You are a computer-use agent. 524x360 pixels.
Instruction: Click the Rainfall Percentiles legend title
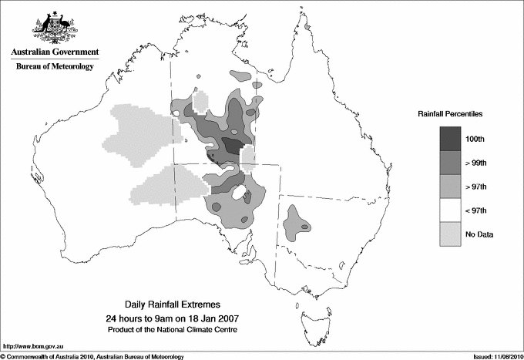(450, 113)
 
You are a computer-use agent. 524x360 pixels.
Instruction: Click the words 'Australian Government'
(55, 52)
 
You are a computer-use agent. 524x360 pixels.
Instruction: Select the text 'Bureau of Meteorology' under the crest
(55, 67)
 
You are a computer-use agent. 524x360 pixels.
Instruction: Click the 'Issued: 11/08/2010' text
(490, 355)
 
